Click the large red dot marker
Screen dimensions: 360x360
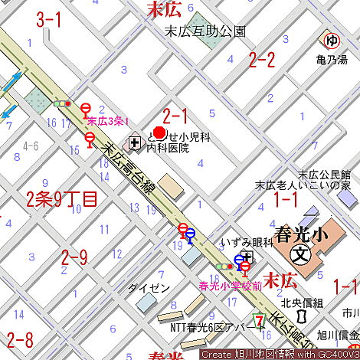click(160, 132)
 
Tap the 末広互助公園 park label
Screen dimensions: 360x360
click(206, 31)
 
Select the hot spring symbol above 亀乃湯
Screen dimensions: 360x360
click(331, 41)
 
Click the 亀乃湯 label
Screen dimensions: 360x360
click(331, 58)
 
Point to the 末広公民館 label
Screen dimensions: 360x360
click(324, 174)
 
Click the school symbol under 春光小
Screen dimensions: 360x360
click(302, 254)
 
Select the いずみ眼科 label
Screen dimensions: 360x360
click(247, 241)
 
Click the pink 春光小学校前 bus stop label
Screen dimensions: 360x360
click(231, 286)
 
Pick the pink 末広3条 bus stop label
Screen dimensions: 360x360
click(106, 121)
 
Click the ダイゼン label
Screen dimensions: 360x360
click(149, 287)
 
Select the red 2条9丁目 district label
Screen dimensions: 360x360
click(61, 200)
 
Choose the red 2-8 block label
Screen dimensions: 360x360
click(20, 339)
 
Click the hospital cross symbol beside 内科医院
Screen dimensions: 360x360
click(135, 142)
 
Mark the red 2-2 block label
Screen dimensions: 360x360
click(262, 60)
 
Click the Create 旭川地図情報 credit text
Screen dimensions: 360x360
click(280, 354)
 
